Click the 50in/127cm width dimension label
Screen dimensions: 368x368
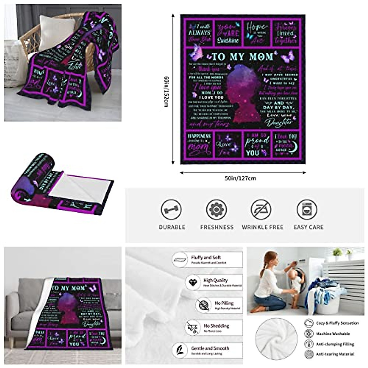[240, 178]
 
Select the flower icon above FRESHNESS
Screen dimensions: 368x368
[217, 210]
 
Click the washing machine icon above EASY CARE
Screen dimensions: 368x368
[307, 210]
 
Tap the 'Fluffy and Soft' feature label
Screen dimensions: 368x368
[206, 258]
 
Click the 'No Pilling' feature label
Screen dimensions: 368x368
[224, 303]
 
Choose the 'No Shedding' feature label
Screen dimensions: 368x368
[217, 326]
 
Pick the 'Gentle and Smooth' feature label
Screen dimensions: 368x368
[210, 348]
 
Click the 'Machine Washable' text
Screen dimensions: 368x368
[333, 334]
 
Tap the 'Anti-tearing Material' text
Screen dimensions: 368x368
[335, 354]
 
